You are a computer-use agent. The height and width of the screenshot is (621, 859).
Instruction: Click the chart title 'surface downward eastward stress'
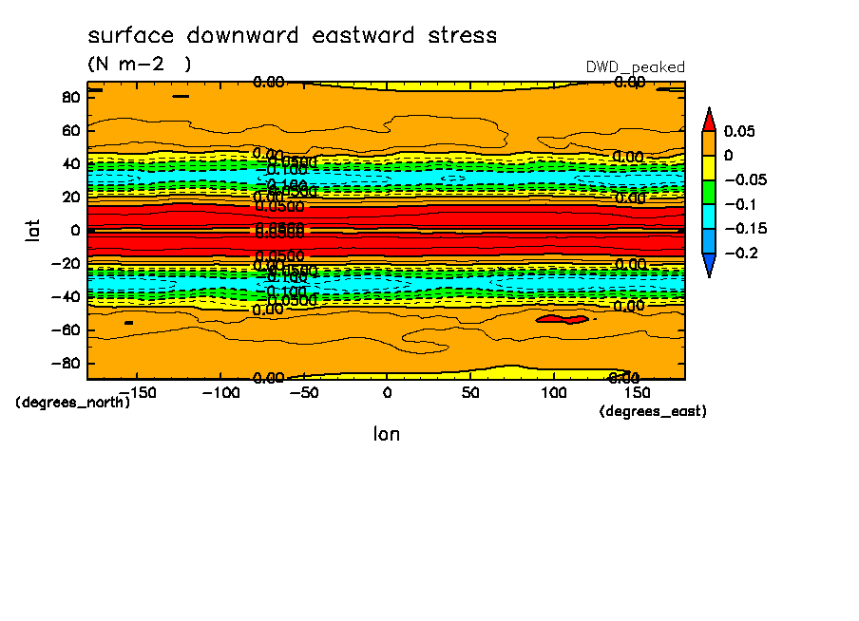tap(292, 36)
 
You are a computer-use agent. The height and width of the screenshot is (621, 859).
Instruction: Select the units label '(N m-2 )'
tap(140, 65)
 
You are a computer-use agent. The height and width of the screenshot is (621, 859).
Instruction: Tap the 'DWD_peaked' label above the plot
tap(636, 66)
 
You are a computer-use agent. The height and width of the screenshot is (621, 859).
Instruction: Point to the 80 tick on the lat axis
tap(70, 97)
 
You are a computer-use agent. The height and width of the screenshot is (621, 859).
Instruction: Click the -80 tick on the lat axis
tap(67, 363)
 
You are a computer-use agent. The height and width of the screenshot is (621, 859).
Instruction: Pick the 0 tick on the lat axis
tap(75, 230)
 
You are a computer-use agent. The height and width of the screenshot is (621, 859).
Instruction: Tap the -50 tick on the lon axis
tap(303, 392)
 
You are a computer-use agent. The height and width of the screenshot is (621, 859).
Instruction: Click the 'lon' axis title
tap(386, 434)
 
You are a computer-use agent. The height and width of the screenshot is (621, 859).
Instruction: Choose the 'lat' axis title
tap(33, 230)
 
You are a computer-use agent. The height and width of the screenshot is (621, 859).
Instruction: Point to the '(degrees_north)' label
tap(72, 402)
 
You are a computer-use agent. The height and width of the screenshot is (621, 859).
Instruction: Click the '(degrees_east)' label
tap(653, 411)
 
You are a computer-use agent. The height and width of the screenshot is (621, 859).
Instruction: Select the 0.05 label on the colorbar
tap(738, 131)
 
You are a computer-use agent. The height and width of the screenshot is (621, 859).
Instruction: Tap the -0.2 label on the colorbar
tap(738, 253)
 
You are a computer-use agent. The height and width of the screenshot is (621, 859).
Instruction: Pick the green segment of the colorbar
tap(709, 192)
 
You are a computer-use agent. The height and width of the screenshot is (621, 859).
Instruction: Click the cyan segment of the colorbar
tap(709, 216)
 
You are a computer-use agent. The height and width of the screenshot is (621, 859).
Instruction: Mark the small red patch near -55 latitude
tap(563, 320)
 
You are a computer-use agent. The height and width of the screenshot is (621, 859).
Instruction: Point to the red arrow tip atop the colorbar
tap(709, 117)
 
